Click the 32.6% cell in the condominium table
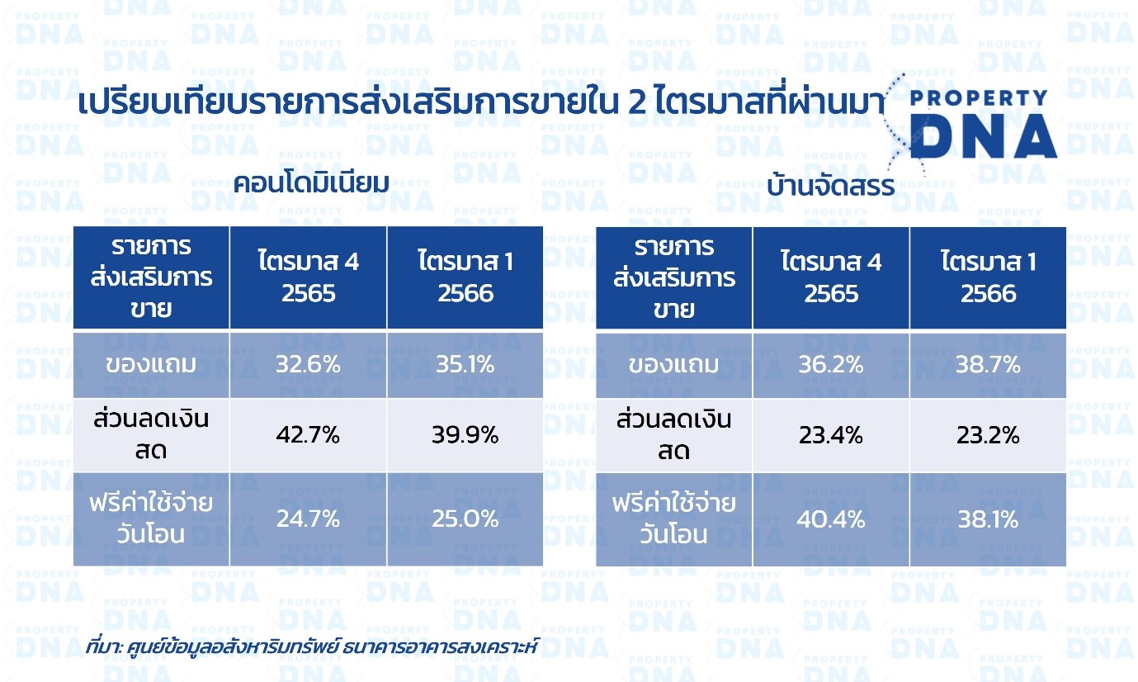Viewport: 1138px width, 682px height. point(308,364)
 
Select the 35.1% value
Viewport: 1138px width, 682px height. point(465,364)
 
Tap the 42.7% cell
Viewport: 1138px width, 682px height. point(308,435)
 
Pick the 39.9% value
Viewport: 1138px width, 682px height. point(465,435)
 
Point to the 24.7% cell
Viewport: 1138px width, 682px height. point(308,519)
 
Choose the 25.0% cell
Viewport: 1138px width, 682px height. point(465,519)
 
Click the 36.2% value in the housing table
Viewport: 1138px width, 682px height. point(831,364)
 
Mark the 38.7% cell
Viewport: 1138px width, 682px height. point(988,364)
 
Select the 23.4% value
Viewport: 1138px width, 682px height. point(831,435)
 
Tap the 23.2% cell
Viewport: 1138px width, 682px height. point(988,435)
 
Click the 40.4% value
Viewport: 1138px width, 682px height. point(831,519)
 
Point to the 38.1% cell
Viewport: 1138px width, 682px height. point(988,519)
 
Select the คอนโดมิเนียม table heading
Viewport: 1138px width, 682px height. point(311,182)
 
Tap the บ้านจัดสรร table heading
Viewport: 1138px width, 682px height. point(831,185)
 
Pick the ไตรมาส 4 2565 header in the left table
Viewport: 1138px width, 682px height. point(308,277)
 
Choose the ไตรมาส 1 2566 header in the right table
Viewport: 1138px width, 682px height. point(988,277)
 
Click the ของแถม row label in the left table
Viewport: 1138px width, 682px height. point(151,364)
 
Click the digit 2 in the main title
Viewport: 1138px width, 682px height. point(637,102)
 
